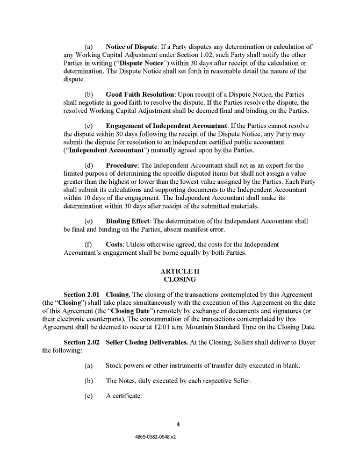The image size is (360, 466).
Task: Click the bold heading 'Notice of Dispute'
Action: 131,47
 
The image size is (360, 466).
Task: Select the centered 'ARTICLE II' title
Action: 180,271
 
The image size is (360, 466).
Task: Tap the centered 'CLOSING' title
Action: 180,279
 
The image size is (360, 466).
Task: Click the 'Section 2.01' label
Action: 82,295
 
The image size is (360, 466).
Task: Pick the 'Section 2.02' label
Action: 82,342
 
